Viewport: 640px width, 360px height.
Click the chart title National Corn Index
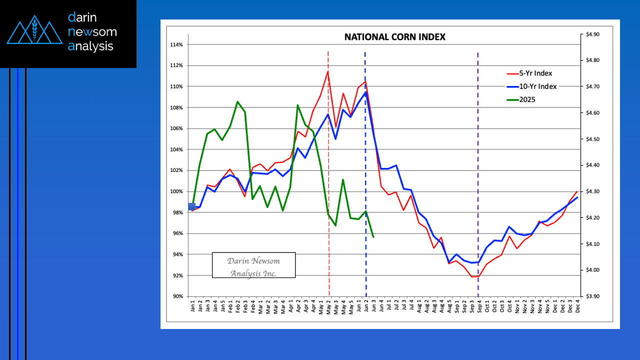tap(394, 37)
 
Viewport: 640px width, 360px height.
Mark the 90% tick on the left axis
tap(177, 296)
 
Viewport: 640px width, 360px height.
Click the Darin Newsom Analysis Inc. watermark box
tap(253, 265)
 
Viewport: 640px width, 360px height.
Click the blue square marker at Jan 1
tap(191, 206)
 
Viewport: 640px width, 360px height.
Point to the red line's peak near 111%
tap(328, 71)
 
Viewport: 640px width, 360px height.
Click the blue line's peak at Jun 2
tap(365, 92)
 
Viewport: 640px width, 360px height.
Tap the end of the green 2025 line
tap(373, 236)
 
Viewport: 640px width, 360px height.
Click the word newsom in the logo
tap(92, 32)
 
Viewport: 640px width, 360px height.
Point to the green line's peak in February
tap(237, 101)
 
